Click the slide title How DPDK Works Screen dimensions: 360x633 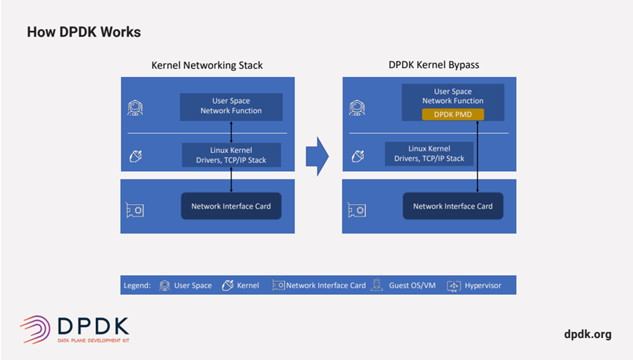pos(83,32)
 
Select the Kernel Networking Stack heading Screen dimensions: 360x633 pos(207,65)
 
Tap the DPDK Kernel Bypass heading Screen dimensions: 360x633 pos(433,65)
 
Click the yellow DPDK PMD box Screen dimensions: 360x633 pos(452,114)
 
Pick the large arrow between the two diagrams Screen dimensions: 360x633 pos(317,155)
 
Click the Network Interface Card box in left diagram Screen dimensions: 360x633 pos(231,206)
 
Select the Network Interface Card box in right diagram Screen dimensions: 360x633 pos(452,206)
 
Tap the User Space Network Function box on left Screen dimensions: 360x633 pos(231,106)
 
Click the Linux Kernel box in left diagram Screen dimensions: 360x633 pos(231,154)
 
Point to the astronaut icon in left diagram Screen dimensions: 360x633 pos(135,108)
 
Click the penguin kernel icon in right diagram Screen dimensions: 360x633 pos(358,155)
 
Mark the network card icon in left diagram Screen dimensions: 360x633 pos(135,210)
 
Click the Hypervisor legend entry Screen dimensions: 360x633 pos(476,285)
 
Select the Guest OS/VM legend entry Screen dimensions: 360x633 pos(404,285)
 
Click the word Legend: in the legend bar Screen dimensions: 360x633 pos(138,285)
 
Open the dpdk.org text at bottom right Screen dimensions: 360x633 pos(588,334)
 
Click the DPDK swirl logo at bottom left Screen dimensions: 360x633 pos(35,329)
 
